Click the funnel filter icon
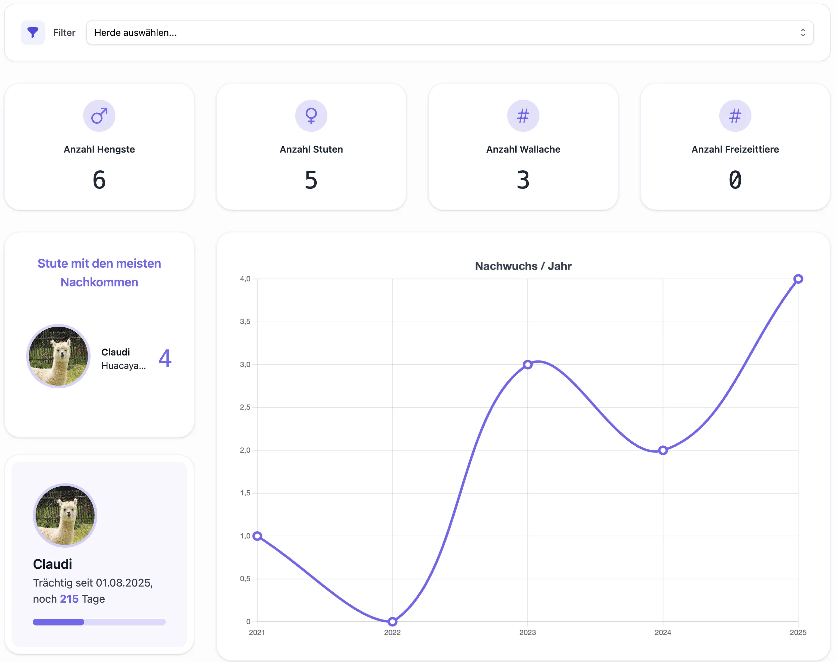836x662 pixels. click(33, 33)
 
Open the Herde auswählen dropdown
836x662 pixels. click(450, 33)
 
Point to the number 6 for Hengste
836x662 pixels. click(99, 180)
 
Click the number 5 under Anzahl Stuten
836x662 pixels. click(311, 180)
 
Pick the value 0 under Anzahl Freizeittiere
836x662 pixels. click(735, 180)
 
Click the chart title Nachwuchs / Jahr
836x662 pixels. click(523, 266)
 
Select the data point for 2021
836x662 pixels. click(257, 536)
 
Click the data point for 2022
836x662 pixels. click(393, 622)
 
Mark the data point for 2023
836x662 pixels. click(527, 364)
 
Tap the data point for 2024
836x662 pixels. click(663, 450)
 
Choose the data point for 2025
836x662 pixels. click(798, 279)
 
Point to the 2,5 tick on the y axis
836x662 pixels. click(245, 407)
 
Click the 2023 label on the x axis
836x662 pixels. click(527, 632)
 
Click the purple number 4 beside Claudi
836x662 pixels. click(165, 358)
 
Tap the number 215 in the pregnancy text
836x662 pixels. click(69, 599)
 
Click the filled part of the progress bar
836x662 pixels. click(58, 622)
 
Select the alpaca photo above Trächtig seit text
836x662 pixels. click(65, 515)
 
